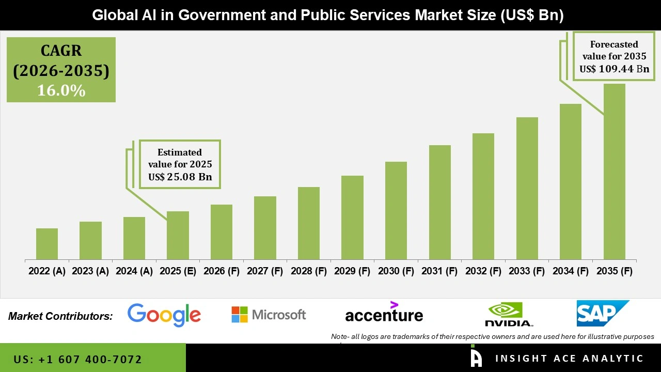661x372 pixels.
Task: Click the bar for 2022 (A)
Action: pyautogui.click(x=47, y=244)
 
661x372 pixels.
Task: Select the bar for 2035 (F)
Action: pyautogui.click(x=614, y=172)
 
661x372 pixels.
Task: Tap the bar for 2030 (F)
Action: pyautogui.click(x=396, y=210)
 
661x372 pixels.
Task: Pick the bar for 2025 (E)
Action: pyautogui.click(x=178, y=235)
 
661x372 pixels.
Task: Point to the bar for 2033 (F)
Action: pyautogui.click(x=527, y=188)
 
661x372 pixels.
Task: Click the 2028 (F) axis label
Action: pyautogui.click(x=309, y=271)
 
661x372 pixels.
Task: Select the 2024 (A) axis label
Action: pyautogui.click(x=134, y=271)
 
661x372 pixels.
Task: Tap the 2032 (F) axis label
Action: pyautogui.click(x=483, y=271)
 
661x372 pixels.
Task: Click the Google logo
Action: pyautogui.click(x=164, y=315)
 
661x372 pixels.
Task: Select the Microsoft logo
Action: pyautogui.click(x=269, y=314)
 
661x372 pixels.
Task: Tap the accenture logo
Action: pyautogui.click(x=384, y=314)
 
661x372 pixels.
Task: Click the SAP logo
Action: pyautogui.click(x=602, y=313)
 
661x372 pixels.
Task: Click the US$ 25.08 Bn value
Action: pyautogui.click(x=180, y=177)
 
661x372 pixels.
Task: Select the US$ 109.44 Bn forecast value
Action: pyautogui.click(x=614, y=69)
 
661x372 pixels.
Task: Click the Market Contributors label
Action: pyautogui.click(x=60, y=316)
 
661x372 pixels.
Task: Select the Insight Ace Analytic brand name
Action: pyautogui.click(x=569, y=359)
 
